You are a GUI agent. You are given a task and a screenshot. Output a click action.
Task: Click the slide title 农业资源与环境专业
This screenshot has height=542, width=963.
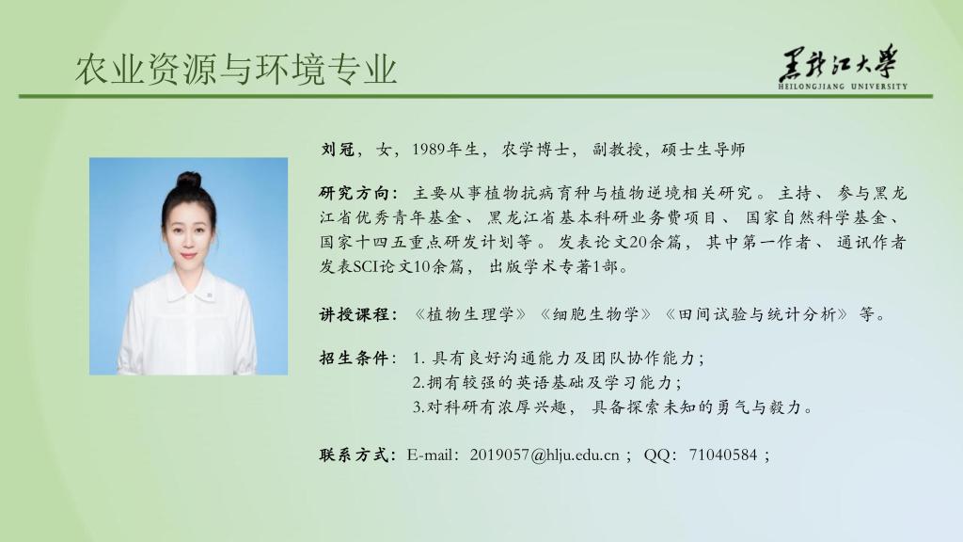(x=236, y=69)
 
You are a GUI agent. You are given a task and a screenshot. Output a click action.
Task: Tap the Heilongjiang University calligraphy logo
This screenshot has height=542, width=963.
(x=839, y=63)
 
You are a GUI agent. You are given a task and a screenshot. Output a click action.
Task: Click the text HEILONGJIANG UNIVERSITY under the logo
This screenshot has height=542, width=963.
(x=843, y=87)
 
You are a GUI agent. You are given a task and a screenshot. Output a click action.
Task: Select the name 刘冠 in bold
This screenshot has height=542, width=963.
(x=338, y=150)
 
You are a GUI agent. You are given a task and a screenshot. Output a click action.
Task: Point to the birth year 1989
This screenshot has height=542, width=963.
(x=429, y=150)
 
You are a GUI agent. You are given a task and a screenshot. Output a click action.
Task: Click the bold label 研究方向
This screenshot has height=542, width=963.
(x=354, y=193)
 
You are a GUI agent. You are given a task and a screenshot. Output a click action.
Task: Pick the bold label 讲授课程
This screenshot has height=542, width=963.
(x=354, y=314)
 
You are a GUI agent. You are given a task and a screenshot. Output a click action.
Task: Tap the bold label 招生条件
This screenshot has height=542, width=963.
(x=354, y=358)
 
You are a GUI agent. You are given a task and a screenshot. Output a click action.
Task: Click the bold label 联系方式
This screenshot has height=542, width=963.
(x=354, y=455)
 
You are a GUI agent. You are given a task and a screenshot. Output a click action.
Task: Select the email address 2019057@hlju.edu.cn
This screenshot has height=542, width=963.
(x=545, y=455)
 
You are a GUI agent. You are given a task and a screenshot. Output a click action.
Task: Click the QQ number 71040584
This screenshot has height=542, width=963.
(x=723, y=455)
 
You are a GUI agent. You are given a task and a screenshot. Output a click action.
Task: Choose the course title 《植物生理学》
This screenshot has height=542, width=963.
(x=470, y=314)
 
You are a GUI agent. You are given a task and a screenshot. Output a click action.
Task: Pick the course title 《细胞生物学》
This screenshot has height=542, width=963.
(x=595, y=314)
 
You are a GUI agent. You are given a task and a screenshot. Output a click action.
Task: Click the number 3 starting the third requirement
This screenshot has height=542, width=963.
(x=416, y=407)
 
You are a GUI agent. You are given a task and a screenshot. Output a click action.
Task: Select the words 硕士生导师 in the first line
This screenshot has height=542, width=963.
(x=703, y=150)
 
